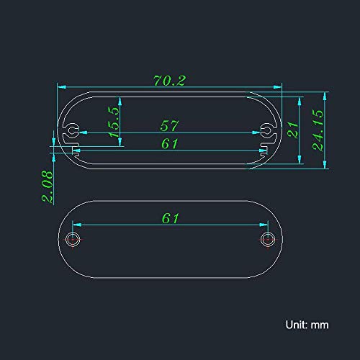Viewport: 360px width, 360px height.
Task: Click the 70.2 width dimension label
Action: click(169, 81)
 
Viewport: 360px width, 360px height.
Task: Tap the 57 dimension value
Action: click(169, 125)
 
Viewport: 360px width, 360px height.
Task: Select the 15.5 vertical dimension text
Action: click(114, 122)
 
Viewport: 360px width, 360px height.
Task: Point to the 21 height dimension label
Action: click(292, 130)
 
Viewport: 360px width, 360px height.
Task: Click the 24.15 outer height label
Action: click(318, 130)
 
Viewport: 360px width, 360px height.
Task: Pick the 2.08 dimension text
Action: click(48, 186)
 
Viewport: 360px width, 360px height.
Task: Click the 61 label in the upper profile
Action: click(170, 143)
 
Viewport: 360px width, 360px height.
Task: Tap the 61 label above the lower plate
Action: click(170, 218)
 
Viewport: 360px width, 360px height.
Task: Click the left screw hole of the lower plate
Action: click(73, 239)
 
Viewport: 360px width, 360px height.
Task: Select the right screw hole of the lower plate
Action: click(268, 239)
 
